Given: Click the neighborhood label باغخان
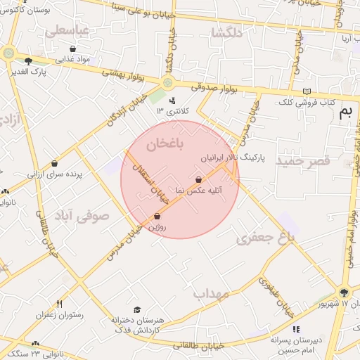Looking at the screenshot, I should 165,144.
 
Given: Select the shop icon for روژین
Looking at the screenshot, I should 157,217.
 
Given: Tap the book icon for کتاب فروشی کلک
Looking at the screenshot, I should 306,91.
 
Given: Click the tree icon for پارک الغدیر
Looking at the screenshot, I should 28,61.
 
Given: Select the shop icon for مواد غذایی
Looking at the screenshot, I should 73,49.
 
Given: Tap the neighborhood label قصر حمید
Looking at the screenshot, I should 302,162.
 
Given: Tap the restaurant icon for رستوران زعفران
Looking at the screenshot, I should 60,304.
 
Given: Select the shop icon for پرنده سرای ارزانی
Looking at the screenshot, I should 54,164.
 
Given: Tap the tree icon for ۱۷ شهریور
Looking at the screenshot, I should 344,293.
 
